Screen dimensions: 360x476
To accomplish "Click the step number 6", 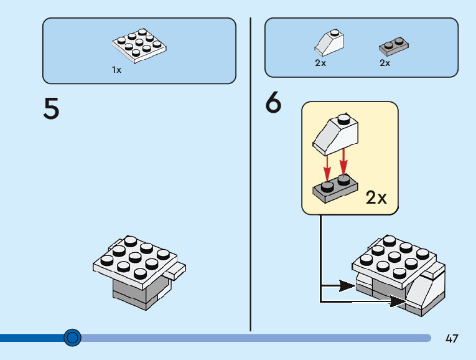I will click(x=273, y=103).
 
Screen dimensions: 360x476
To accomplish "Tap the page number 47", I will click(x=452, y=339).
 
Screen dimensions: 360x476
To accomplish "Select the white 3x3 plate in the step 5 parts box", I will click(x=140, y=45).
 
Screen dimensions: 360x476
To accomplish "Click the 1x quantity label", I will click(x=116, y=70).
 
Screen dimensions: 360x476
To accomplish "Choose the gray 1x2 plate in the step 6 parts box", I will click(x=393, y=47).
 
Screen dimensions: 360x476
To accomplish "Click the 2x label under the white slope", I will click(x=320, y=63).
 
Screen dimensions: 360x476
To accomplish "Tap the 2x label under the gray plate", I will click(x=385, y=63).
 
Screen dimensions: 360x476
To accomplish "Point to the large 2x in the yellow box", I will click(x=376, y=198).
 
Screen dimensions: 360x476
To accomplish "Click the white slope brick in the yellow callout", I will click(x=335, y=134).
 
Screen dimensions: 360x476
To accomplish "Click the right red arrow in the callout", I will click(x=343, y=164).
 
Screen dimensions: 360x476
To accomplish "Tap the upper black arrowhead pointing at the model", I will click(x=348, y=287).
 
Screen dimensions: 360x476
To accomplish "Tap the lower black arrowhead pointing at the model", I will click(x=396, y=301).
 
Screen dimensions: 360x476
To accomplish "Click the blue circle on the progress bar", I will click(x=73, y=338).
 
